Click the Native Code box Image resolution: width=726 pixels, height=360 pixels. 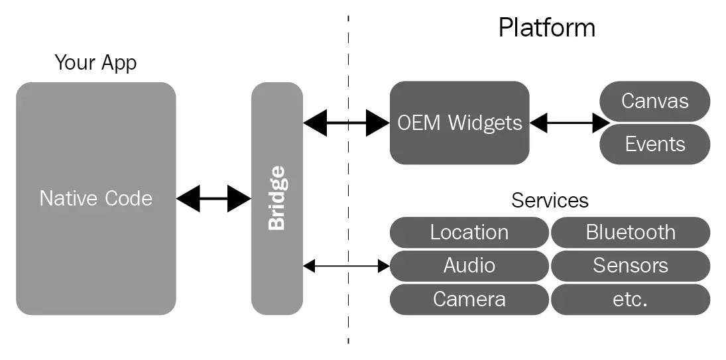[x=95, y=198]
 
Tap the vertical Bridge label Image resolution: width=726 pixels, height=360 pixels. [x=276, y=198]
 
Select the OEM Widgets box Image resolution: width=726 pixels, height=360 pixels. [x=459, y=123]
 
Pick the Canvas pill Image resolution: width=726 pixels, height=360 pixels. [x=654, y=101]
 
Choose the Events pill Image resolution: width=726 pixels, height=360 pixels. [x=654, y=144]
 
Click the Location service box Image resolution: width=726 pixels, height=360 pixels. [x=469, y=233]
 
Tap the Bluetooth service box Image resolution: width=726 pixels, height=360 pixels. [x=630, y=233]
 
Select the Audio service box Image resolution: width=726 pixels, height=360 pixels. [x=469, y=266]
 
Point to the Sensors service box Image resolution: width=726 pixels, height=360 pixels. [x=630, y=266]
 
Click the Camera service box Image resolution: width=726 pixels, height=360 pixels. [x=469, y=299]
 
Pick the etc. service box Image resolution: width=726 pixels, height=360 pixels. [x=630, y=299]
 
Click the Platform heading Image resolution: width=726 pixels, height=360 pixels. [x=546, y=28]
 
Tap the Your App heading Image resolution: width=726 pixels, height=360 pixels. [x=95, y=63]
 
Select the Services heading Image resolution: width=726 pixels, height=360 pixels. [x=550, y=200]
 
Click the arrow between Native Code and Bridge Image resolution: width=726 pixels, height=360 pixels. [x=213, y=198]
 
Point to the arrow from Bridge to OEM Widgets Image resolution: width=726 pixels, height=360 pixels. [x=346, y=123]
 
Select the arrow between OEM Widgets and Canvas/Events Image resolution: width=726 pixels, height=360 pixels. [x=570, y=123]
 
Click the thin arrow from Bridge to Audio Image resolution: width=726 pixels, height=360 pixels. [x=346, y=266]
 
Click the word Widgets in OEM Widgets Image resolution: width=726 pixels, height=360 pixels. [x=485, y=123]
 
